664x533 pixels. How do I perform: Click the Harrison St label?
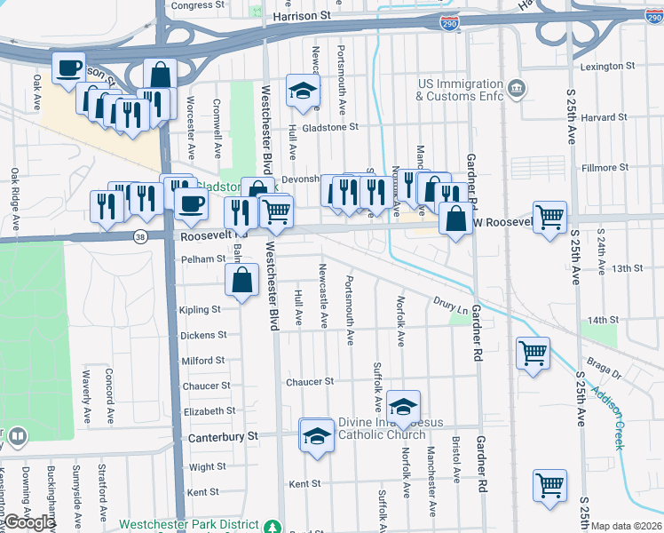click(301, 16)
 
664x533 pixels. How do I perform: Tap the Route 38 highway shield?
click(140, 237)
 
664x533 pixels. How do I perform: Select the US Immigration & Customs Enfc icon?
click(517, 89)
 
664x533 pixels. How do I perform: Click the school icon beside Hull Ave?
click(303, 91)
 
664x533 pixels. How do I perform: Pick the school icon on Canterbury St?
click(316, 435)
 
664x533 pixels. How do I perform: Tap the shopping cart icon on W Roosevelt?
click(550, 216)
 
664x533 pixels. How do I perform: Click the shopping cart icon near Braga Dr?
click(533, 353)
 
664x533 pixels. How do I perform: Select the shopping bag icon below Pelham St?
click(241, 282)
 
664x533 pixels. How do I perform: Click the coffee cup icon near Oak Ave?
click(68, 68)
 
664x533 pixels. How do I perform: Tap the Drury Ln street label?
click(451, 306)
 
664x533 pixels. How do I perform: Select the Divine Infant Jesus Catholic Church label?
click(382, 428)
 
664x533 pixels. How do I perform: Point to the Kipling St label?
click(199, 310)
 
